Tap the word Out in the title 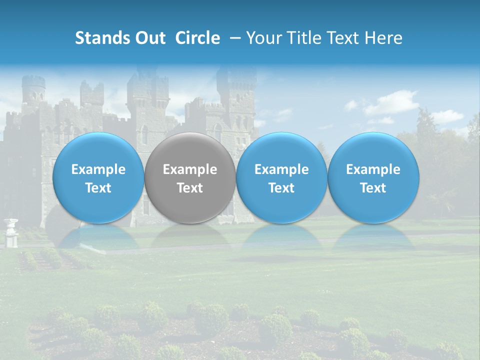click(x=149, y=38)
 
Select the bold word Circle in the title click(x=197, y=38)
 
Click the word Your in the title click(x=263, y=38)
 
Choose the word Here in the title click(x=383, y=38)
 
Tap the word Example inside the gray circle click(x=190, y=169)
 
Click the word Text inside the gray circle click(x=190, y=188)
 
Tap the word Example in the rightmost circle click(x=373, y=169)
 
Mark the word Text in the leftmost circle click(x=98, y=188)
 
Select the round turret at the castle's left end click(x=33, y=90)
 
